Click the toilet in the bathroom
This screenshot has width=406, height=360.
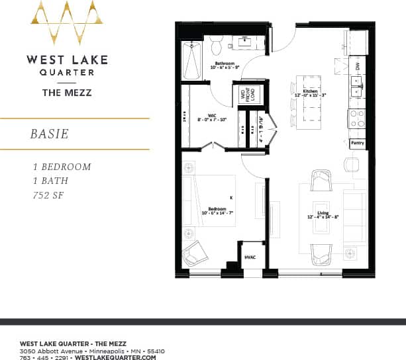[216, 46]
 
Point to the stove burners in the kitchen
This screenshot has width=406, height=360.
[356, 119]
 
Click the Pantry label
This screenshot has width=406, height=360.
[356, 142]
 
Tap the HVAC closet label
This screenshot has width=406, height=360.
[250, 257]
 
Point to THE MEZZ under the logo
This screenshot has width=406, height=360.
[67, 93]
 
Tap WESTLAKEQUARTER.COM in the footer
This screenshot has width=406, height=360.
[116, 357]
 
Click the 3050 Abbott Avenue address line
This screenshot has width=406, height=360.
[92, 351]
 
